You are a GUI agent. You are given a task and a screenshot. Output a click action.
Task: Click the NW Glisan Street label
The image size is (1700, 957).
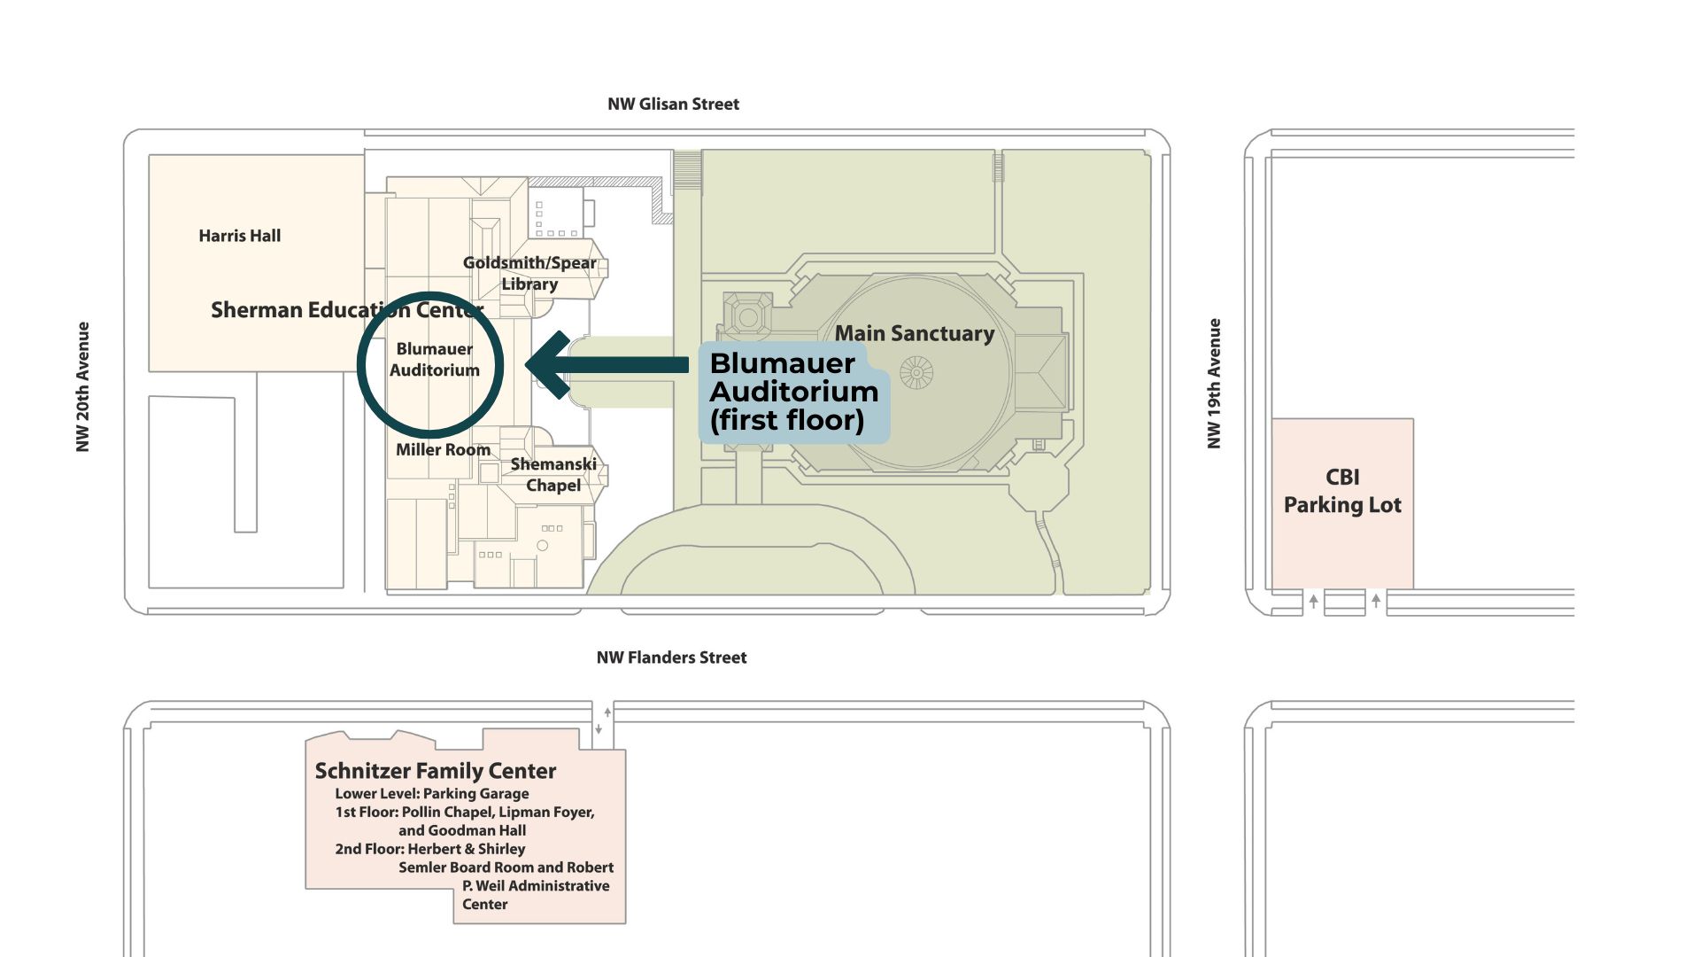pyautogui.click(x=673, y=105)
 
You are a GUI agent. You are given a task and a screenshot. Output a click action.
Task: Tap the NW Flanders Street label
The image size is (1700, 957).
pyautogui.click(x=671, y=657)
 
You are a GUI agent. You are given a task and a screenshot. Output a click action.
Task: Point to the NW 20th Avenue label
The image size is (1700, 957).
pyautogui.click(x=83, y=386)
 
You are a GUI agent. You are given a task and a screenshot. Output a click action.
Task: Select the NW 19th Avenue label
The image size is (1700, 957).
pyautogui.click(x=1215, y=383)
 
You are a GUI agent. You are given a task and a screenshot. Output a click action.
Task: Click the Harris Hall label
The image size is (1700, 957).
pyautogui.click(x=239, y=236)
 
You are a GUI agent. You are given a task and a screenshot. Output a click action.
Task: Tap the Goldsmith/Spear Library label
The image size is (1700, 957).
pyautogui.click(x=529, y=273)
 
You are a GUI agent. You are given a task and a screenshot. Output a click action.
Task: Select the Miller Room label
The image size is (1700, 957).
pyautogui.click(x=443, y=450)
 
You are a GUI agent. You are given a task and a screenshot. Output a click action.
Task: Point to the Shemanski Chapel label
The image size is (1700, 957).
pyautogui.click(x=553, y=475)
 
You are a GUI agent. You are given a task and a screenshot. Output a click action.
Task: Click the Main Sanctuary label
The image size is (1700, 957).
pyautogui.click(x=915, y=333)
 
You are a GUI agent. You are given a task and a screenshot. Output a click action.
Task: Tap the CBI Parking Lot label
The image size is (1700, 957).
pyautogui.click(x=1342, y=491)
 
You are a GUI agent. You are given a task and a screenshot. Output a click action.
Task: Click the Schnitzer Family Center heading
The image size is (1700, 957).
pyautogui.click(x=436, y=771)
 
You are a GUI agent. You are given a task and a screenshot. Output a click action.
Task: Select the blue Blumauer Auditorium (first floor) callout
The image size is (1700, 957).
pyautogui.click(x=793, y=392)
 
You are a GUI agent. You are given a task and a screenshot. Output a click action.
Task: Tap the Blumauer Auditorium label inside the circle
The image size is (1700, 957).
pyautogui.click(x=434, y=360)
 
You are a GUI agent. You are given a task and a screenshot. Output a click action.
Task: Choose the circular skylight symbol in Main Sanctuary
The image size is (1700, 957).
pyautogui.click(x=916, y=372)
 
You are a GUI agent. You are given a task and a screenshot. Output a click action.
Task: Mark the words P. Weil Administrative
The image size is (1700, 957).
pyautogui.click(x=536, y=886)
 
